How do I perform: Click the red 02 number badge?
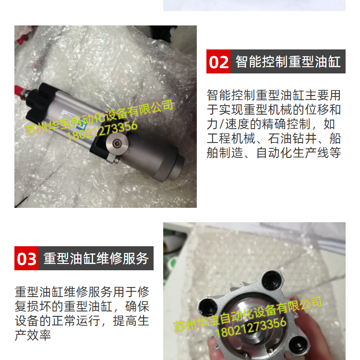pyautogui.click(x=218, y=61)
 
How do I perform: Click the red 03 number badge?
pyautogui.click(x=26, y=258)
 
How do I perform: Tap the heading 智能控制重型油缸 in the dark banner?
pyautogui.click(x=288, y=61)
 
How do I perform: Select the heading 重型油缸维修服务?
pyautogui.click(x=96, y=258)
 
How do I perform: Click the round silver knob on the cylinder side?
pyautogui.click(x=117, y=144)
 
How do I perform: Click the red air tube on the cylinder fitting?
pyautogui.click(x=19, y=91)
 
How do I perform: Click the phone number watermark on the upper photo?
pyautogui.click(x=102, y=131)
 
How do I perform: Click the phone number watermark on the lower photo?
pyautogui.click(x=251, y=327)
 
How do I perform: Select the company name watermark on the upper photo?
pyautogui.click(x=99, y=117)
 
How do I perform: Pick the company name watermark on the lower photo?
pyautogui.click(x=248, y=314)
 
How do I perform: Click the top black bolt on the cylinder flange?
pyautogui.click(x=272, y=280)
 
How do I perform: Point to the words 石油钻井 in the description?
pyautogui.click(x=292, y=138)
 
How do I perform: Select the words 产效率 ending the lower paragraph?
pyautogui.click(x=33, y=335)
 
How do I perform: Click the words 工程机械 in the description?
pyautogui.click(x=231, y=138)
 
